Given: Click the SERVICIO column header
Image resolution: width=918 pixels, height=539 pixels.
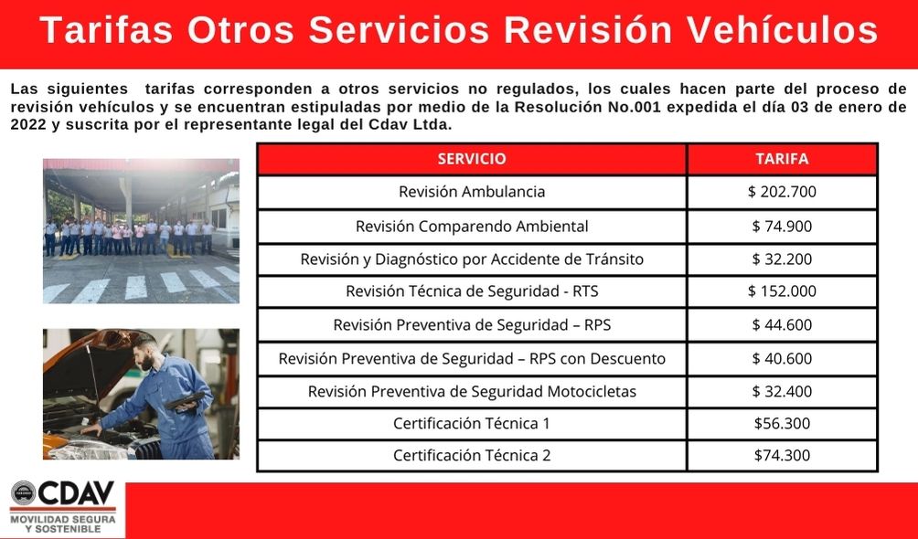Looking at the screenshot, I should tap(471, 158).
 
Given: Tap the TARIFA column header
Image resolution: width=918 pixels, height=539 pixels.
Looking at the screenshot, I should tap(781, 158).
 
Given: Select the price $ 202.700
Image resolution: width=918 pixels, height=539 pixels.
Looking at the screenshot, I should tap(781, 192).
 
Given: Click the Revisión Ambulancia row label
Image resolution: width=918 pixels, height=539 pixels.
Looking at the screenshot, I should tap(471, 192).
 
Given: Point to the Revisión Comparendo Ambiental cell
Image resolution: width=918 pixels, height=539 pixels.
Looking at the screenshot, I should tap(471, 226).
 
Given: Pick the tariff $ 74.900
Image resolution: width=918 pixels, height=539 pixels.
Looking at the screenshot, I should tap(781, 226).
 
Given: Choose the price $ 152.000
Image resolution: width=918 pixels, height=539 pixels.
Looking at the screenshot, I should tap(781, 291).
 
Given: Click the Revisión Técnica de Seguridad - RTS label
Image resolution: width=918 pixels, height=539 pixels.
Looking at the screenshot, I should tap(471, 291).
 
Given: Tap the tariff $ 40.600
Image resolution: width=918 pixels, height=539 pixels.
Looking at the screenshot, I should tap(781, 358).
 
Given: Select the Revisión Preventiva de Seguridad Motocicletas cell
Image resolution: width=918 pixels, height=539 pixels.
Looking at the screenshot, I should tap(471, 391).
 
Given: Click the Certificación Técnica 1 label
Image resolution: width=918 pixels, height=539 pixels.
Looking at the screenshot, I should tap(471, 423).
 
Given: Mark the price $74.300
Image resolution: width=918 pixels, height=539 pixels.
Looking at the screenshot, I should tap(781, 455).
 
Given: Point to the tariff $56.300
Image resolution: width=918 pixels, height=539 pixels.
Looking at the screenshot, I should tap(781, 423).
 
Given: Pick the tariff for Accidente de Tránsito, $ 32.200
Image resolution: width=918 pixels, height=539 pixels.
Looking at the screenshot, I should tap(781, 259).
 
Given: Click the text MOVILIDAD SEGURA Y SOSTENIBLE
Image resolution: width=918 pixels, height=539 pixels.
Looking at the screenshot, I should tap(62, 523).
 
